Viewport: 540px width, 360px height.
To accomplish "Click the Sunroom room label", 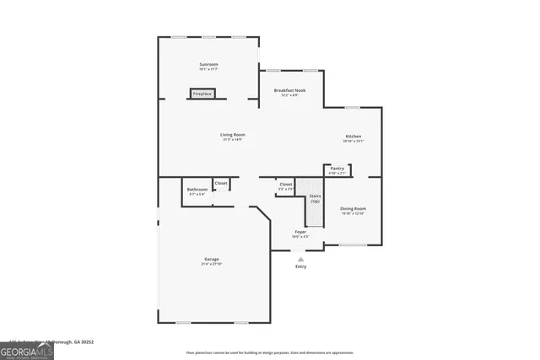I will click(x=208, y=64).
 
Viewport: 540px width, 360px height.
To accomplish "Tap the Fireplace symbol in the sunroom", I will click(x=202, y=94).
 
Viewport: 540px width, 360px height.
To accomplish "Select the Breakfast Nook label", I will click(x=289, y=90).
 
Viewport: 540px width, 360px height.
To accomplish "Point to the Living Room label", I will click(x=233, y=135).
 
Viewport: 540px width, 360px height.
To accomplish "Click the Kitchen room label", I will click(x=353, y=137).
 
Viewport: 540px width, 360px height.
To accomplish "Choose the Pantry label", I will click(x=337, y=169).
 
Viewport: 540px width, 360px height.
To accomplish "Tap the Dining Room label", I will click(x=353, y=208).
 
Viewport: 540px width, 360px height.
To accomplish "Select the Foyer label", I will click(x=300, y=231).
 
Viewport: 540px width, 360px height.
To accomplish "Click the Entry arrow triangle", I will click(x=300, y=259).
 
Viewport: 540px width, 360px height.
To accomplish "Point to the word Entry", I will click(x=300, y=267).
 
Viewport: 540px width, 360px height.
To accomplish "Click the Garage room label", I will click(x=211, y=259).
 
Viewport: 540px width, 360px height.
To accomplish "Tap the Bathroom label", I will click(x=197, y=190).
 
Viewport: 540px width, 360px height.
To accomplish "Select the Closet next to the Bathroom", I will click(x=220, y=183).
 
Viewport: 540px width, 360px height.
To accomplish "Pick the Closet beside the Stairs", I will click(x=286, y=184).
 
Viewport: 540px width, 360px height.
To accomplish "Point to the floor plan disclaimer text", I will click(x=270, y=352).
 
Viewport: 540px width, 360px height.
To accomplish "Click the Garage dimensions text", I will click(x=211, y=265).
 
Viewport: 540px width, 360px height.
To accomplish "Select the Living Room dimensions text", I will click(x=233, y=140).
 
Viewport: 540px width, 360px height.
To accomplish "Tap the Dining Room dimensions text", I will click(x=353, y=213).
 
